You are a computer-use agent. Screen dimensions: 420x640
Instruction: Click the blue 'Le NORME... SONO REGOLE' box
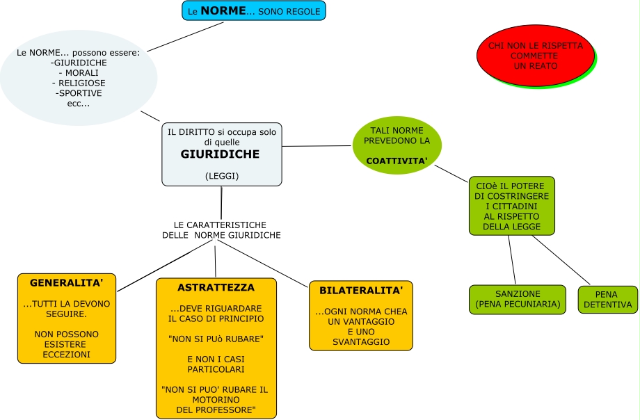[254, 11]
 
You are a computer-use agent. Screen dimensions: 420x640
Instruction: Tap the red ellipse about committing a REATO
[535, 56]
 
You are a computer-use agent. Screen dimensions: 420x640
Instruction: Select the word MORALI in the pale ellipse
[79, 73]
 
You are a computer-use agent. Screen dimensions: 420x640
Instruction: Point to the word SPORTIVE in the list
[79, 93]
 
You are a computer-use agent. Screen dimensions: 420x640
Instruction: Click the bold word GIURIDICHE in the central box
[220, 154]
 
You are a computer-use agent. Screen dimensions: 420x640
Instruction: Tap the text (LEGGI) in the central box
[222, 176]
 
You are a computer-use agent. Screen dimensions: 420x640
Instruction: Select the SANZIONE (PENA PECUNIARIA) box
[518, 299]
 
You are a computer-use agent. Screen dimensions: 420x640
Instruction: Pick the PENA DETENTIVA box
[607, 300]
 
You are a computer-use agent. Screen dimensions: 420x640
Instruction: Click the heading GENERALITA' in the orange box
[67, 284]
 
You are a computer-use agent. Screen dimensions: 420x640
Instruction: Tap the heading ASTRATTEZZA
[216, 287]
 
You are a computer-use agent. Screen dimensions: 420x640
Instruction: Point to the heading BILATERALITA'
[361, 290]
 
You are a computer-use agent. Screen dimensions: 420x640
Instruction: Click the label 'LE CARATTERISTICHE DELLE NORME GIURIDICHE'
[221, 230]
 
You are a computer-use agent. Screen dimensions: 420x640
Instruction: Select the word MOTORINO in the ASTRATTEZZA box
[215, 400]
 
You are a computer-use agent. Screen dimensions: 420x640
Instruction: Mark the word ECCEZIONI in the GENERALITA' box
[67, 354]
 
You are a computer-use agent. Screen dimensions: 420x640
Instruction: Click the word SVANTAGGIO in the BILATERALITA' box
[361, 341]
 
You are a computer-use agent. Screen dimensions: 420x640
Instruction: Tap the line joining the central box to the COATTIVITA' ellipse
[317, 146]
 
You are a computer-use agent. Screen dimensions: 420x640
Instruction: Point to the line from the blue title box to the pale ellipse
[186, 36]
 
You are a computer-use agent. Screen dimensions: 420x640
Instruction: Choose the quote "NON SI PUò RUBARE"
[215, 339]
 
